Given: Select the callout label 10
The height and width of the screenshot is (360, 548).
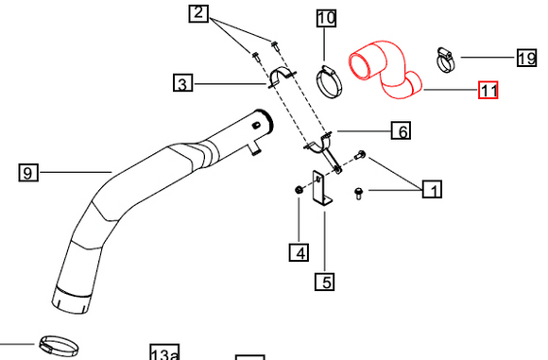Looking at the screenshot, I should point(325,18).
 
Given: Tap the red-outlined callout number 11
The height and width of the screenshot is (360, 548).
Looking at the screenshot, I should point(488,91).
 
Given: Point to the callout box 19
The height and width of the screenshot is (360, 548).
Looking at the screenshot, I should point(526,59).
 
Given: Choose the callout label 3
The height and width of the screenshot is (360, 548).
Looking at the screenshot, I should point(183,84).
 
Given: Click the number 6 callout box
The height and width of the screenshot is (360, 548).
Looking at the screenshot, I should point(402,131).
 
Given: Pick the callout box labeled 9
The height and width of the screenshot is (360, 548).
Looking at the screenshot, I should point(28,172).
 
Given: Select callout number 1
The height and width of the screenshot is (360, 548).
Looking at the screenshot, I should point(432,190).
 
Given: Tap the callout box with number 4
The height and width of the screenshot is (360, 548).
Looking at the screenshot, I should point(299,252).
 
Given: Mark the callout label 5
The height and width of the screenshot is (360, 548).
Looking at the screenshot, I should point(324,281).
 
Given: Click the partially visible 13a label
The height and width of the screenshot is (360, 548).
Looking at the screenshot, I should point(163,353).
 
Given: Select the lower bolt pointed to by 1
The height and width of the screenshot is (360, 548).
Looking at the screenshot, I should point(359,193).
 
